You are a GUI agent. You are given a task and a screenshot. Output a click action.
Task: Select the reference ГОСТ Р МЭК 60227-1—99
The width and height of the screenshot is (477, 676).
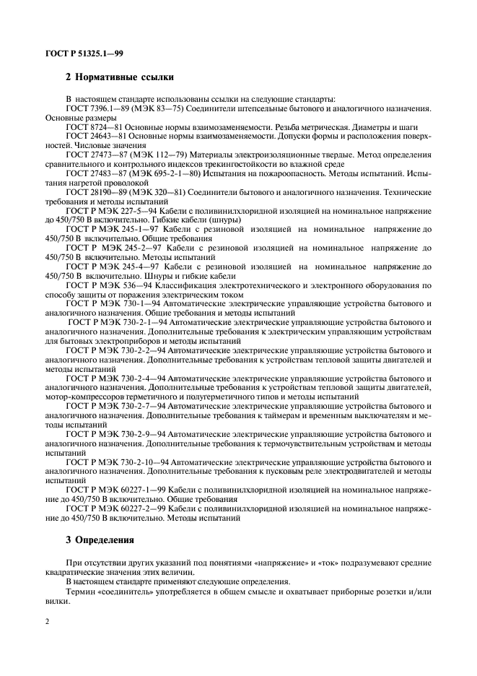[x=111, y=490]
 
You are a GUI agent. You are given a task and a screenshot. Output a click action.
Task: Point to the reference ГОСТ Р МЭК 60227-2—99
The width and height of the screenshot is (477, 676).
[x=111, y=509]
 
